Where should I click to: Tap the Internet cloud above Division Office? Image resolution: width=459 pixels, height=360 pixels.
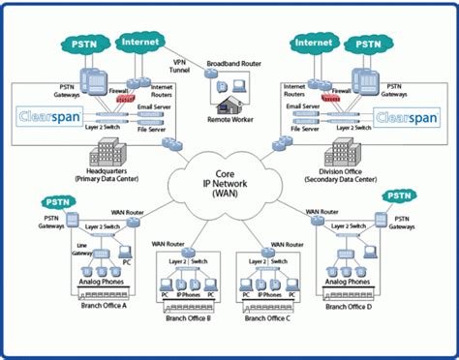pos(317,43)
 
